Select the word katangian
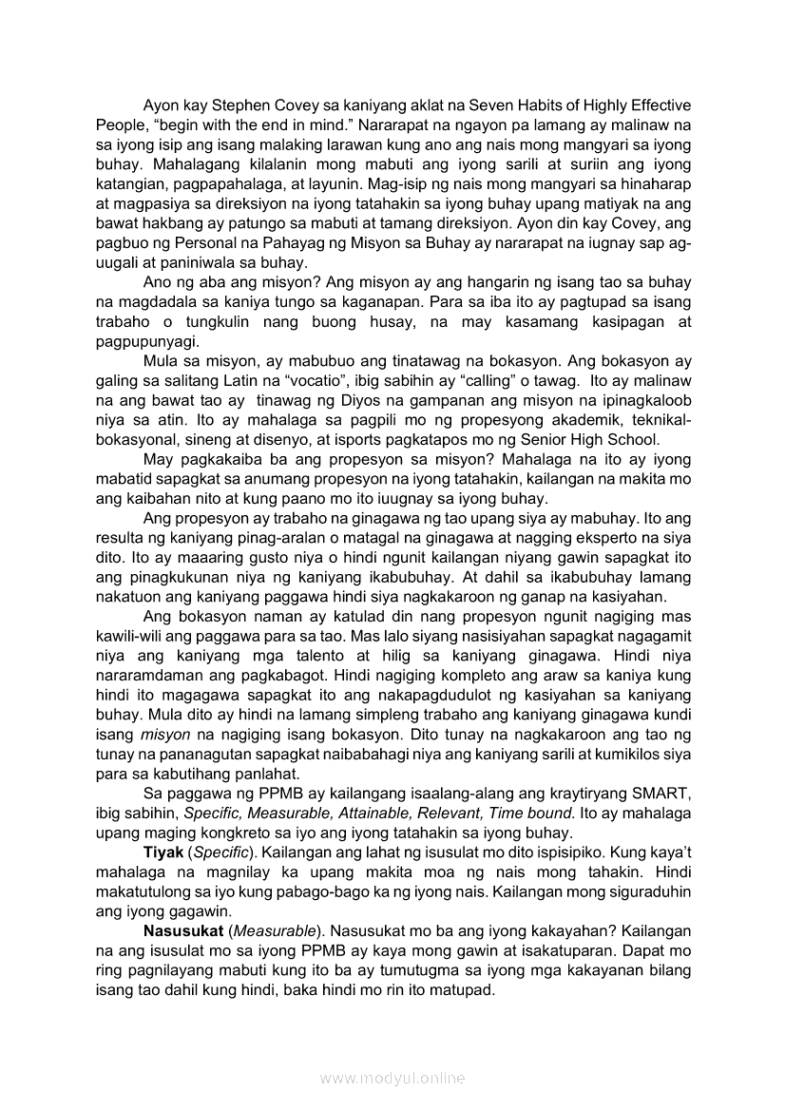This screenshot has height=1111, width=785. pos(128,182)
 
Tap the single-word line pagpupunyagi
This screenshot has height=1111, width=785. pos(142,341)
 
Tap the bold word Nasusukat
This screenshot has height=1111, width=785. pos(183,930)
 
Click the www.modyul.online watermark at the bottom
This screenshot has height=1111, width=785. pos(392,1078)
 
